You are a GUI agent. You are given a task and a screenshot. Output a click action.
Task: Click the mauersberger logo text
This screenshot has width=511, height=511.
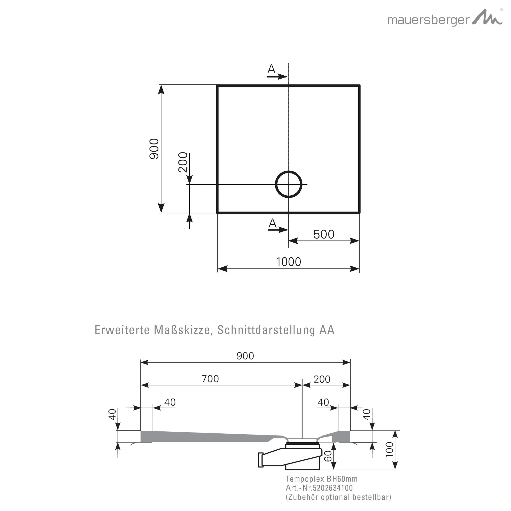click(x=428, y=20)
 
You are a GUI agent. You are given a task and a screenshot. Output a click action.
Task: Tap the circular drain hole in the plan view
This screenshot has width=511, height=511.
click(x=289, y=184)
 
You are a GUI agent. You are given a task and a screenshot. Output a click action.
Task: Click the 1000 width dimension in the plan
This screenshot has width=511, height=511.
click(x=289, y=262)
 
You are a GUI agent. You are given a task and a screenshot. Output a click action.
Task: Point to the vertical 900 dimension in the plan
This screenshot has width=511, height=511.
click(x=154, y=149)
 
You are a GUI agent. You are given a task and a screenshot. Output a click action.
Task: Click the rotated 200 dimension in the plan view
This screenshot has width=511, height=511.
click(x=183, y=162)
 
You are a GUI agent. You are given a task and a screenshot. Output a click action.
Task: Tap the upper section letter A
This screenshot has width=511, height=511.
click(x=271, y=69)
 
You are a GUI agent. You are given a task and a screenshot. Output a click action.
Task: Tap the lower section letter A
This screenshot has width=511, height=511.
click(x=272, y=224)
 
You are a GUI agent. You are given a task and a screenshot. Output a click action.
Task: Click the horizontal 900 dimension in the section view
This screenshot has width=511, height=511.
click(x=245, y=356)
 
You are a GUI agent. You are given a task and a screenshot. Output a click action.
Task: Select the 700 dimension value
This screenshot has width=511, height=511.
click(x=210, y=379)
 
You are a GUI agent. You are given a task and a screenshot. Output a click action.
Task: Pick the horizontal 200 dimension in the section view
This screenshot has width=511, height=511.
click(x=322, y=379)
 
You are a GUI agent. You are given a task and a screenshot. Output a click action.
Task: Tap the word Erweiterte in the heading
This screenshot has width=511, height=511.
click(x=122, y=330)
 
